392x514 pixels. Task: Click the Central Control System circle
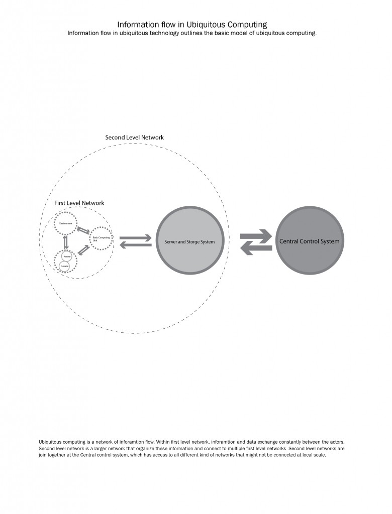coord(309,241)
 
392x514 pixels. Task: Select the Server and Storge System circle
coord(189,241)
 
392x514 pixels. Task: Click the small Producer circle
coord(66,256)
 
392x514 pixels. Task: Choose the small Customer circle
coord(66,266)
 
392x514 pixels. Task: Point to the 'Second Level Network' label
coord(134,137)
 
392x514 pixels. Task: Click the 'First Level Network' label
coord(79,203)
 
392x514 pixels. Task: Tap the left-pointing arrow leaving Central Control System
coord(256,247)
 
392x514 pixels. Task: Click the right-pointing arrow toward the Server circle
coord(135,237)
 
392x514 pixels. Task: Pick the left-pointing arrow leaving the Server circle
coord(135,244)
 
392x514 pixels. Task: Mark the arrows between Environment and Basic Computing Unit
coord(83,230)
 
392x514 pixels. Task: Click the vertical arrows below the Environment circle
coord(65,242)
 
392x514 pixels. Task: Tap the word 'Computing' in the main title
coord(246,24)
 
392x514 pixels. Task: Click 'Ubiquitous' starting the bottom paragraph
coord(52,441)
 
